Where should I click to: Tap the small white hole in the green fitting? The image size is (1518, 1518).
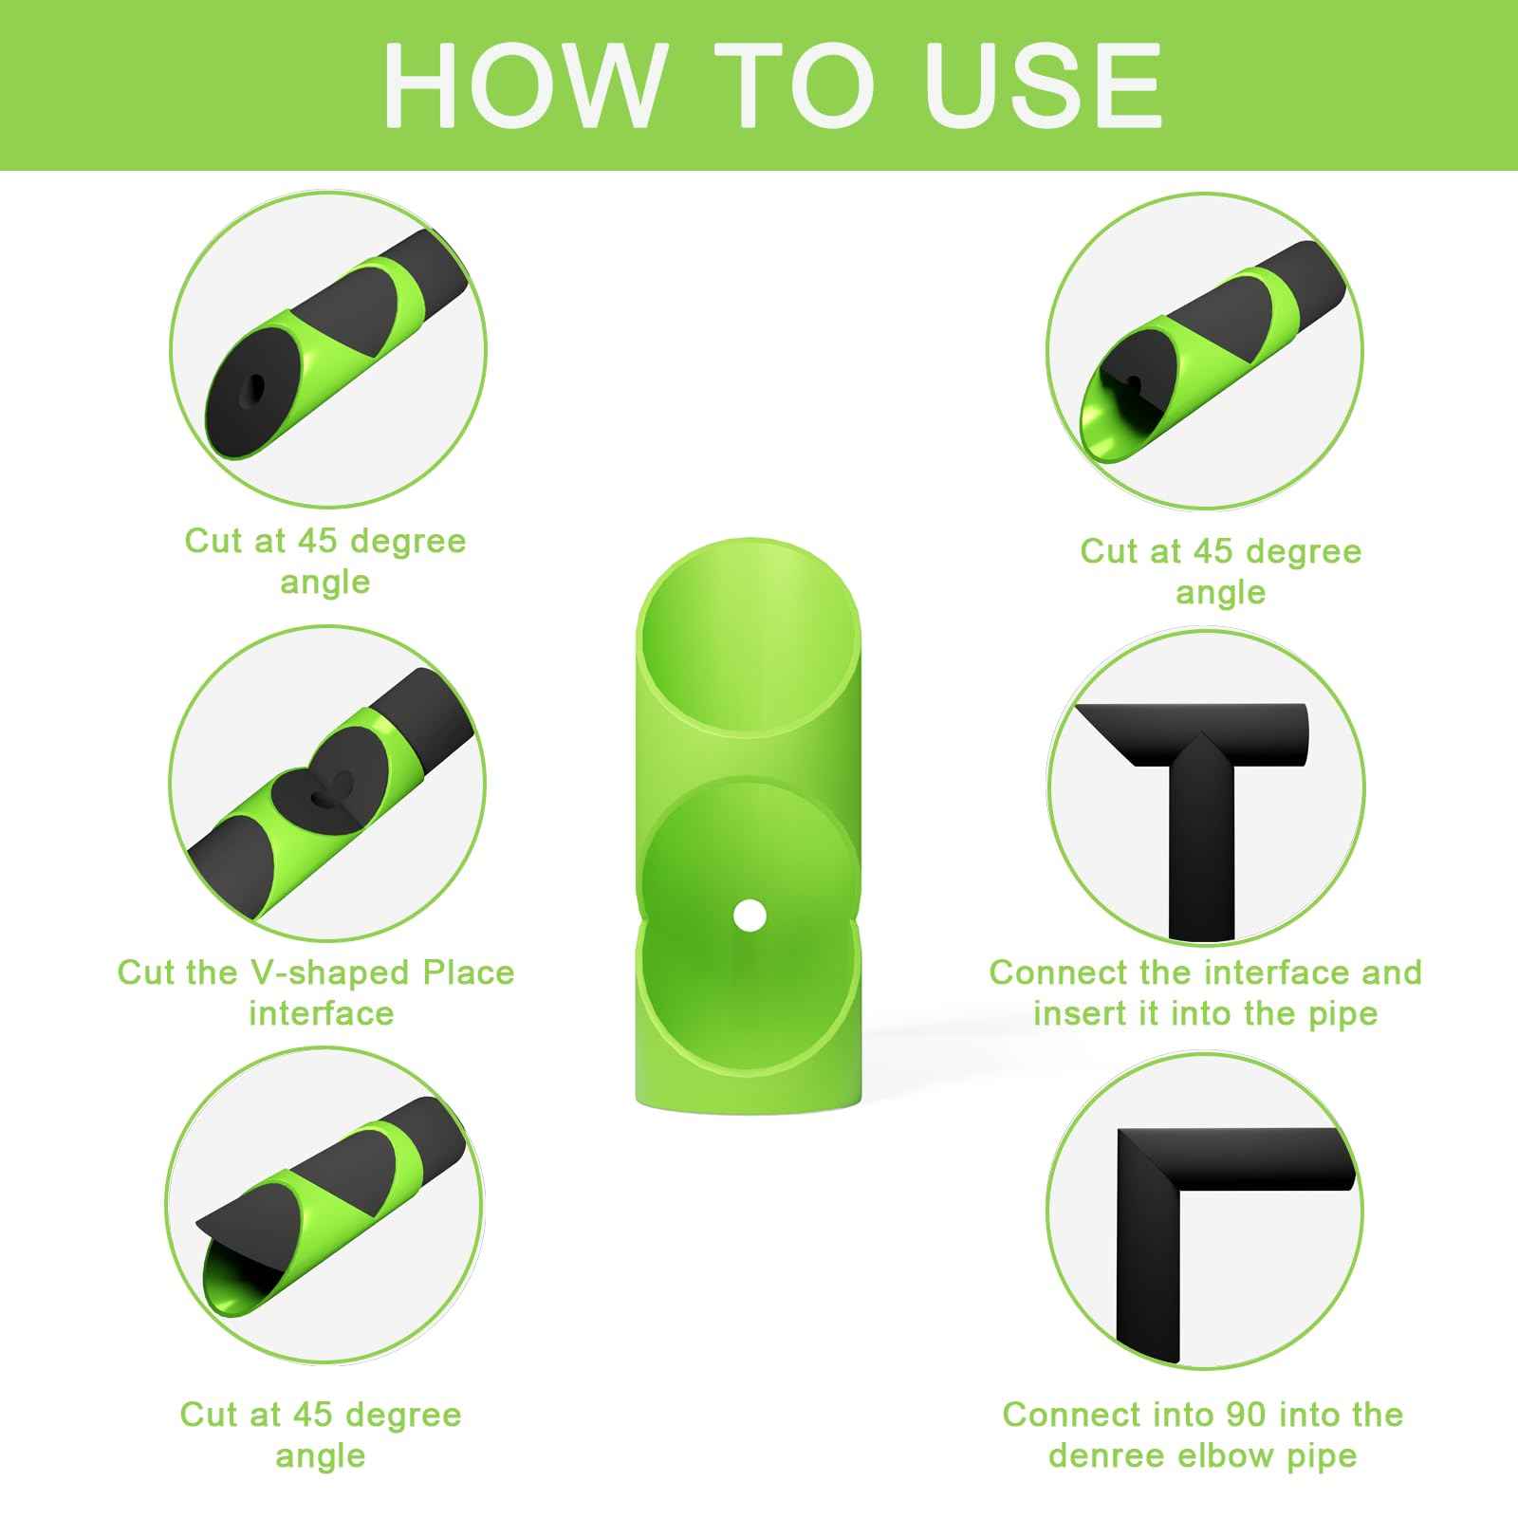pos(750,916)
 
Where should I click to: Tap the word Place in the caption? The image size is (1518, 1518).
pos(469,972)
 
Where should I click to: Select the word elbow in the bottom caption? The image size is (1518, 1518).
pos(1225,1455)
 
